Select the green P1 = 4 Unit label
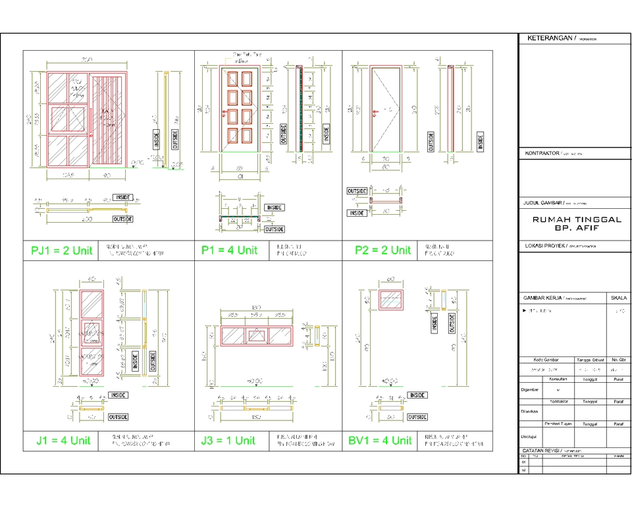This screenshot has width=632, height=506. (x=229, y=250)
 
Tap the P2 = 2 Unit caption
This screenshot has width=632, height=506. (x=382, y=250)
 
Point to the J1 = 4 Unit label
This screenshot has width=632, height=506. (x=63, y=440)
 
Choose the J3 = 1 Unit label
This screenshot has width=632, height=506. (x=228, y=440)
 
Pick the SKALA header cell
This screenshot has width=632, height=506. (x=619, y=297)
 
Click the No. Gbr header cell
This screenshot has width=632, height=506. (x=618, y=360)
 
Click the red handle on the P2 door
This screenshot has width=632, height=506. (x=374, y=111)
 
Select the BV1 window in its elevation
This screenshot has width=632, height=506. (x=392, y=298)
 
